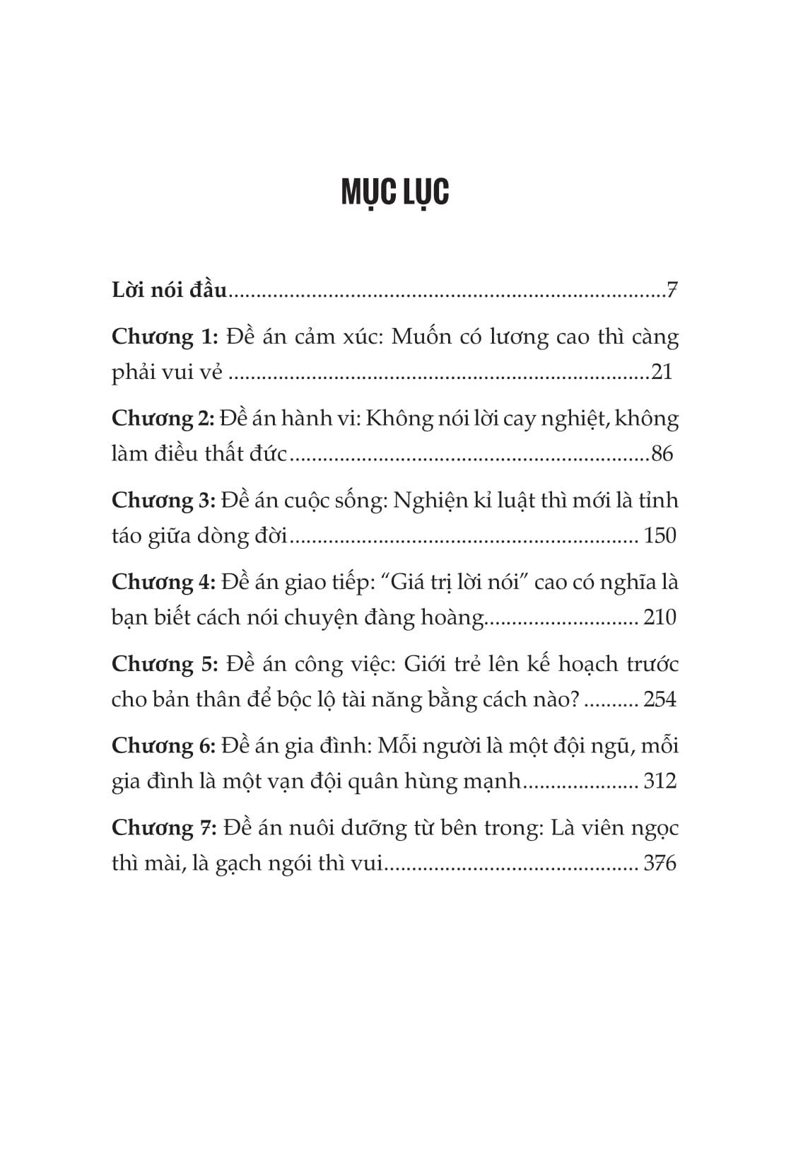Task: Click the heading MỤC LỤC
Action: [x=395, y=192]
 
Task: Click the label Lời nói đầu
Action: [x=170, y=290]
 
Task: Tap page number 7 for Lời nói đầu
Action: [x=672, y=290]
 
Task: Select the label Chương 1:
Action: [x=165, y=337]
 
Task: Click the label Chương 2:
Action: [x=163, y=419]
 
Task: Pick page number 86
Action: [x=662, y=454]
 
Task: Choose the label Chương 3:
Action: [x=163, y=501]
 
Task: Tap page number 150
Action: [x=660, y=536]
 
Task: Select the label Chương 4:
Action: [x=163, y=583]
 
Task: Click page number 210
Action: [x=660, y=618]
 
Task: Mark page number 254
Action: [x=660, y=700]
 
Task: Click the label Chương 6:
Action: [x=163, y=746]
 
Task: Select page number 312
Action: [x=660, y=781]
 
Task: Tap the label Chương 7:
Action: [x=165, y=828]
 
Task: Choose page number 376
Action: [x=660, y=863]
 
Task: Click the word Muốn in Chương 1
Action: [x=421, y=337]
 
